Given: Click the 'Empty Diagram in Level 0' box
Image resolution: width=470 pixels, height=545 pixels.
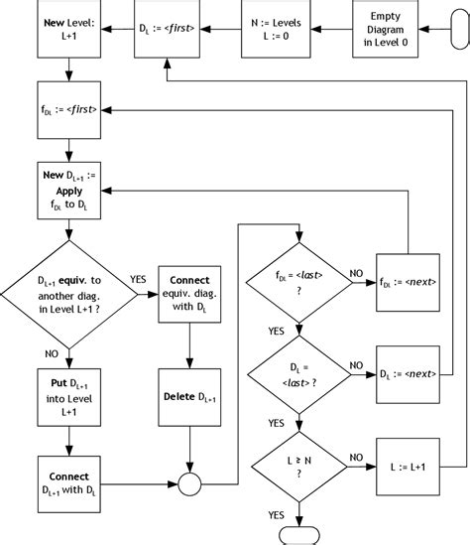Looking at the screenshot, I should pos(385,30).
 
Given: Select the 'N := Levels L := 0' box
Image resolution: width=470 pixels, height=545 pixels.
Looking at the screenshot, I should pos(275,30).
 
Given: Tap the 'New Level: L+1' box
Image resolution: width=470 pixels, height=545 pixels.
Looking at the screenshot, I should pos(66,30).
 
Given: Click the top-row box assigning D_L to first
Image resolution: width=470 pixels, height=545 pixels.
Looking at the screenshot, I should pos(166,30).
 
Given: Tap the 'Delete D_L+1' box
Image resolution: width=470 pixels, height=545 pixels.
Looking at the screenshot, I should pos(189,397).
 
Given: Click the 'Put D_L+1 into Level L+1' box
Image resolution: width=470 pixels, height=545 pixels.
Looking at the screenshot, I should pos(66,397).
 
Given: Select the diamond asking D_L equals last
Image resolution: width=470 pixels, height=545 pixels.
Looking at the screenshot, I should pos(298,375).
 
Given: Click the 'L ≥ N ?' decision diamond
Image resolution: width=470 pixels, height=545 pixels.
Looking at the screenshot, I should pos(298,467).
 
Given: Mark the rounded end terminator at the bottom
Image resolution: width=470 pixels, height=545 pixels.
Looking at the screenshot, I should pos(298,536).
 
